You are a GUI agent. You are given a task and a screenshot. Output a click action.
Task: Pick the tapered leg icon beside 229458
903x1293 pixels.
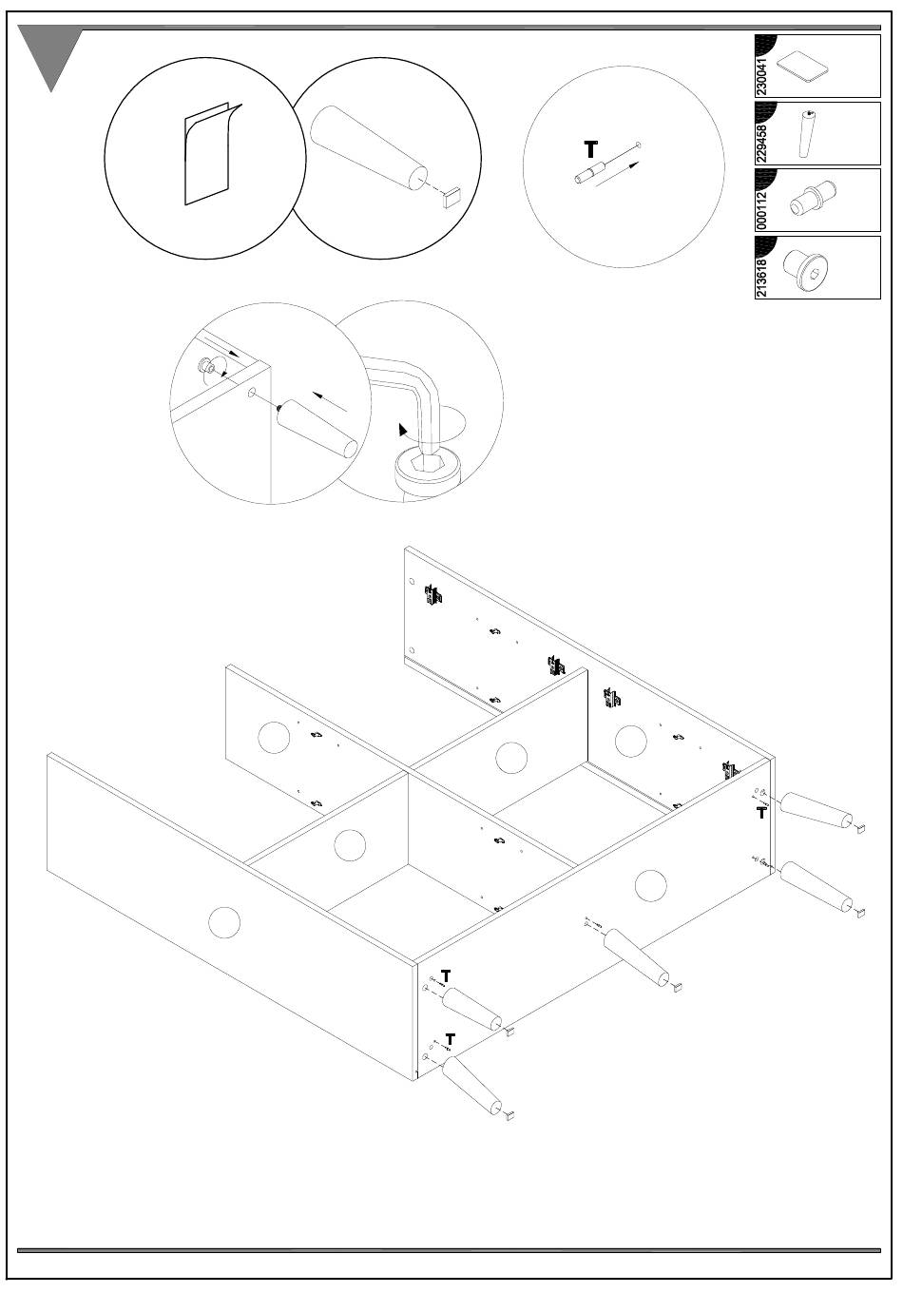808,134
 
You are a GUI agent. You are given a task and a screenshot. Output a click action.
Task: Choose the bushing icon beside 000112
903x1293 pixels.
810,201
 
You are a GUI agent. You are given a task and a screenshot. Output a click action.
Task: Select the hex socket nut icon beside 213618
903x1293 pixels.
806,269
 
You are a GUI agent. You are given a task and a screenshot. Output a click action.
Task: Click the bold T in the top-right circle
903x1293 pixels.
590,149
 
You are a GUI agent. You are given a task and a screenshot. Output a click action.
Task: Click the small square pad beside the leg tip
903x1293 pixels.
452,195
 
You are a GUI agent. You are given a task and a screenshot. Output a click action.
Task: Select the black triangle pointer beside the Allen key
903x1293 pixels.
404,429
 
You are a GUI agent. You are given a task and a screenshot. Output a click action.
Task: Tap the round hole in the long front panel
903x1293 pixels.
224,921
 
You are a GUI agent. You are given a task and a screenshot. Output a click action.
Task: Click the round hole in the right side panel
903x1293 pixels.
650,885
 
